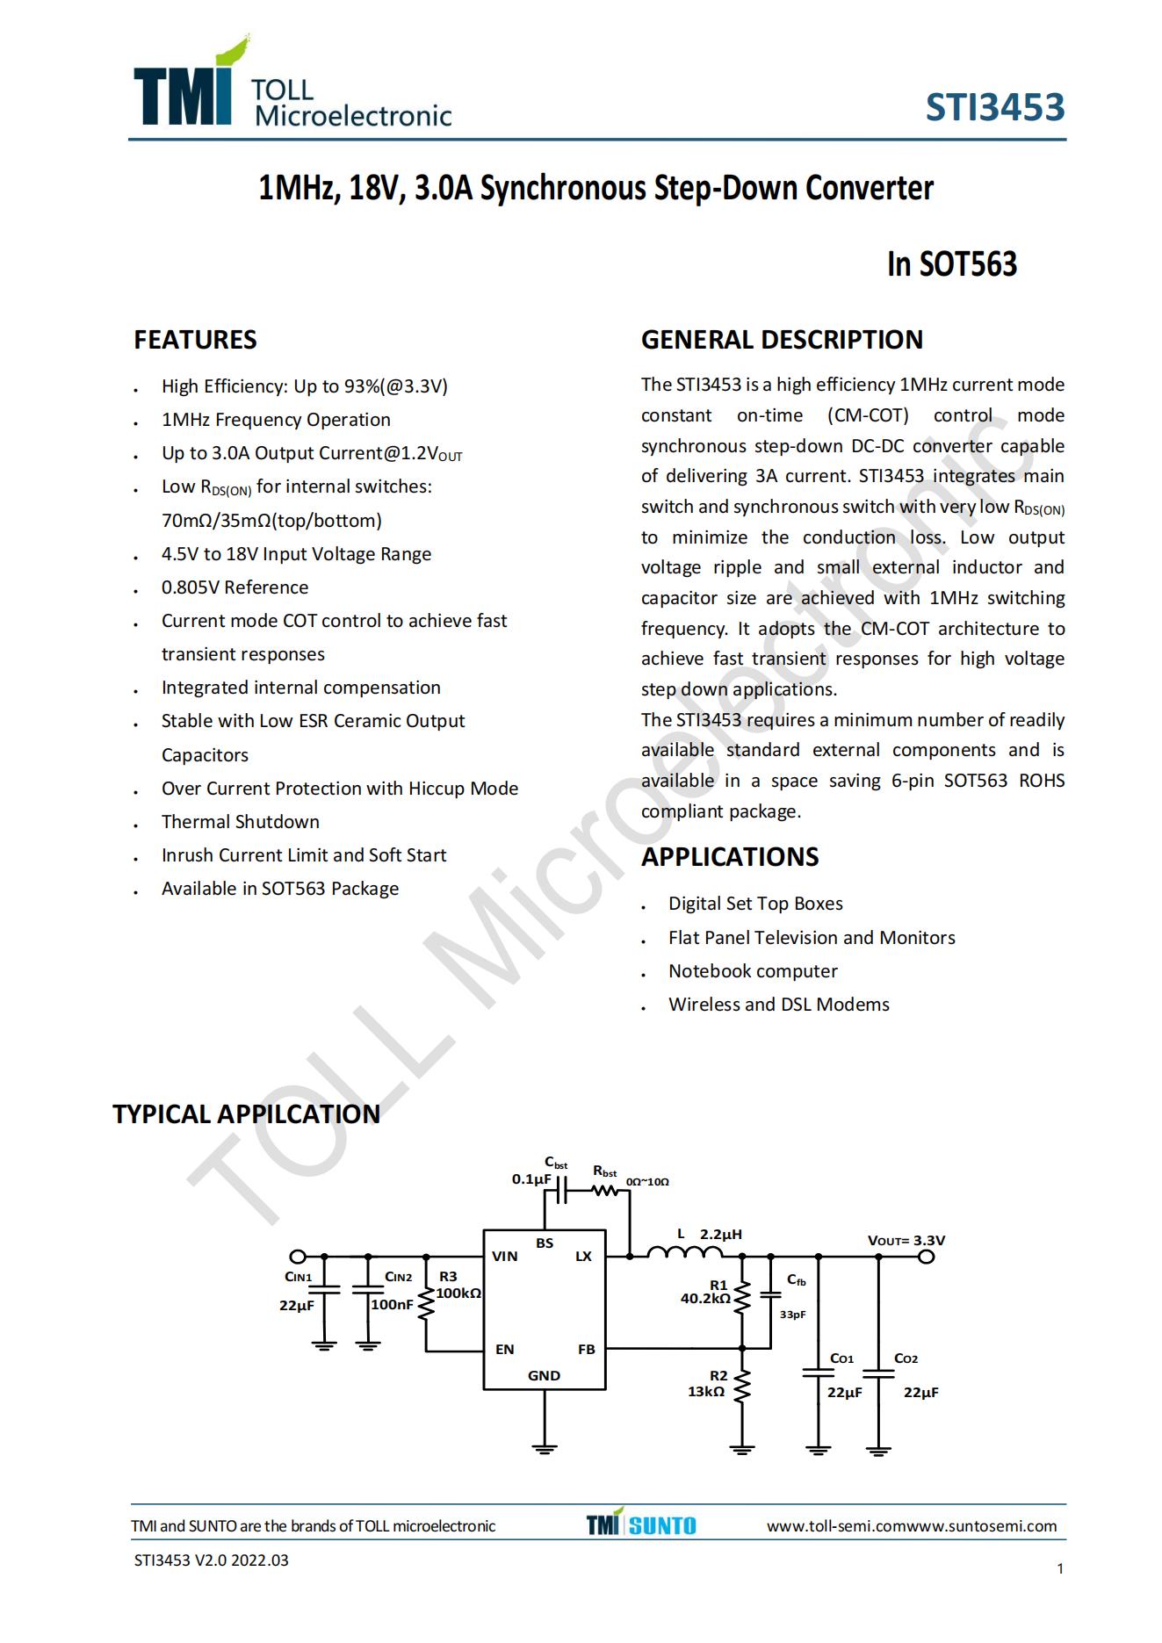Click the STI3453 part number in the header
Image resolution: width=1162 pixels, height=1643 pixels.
pos(994,107)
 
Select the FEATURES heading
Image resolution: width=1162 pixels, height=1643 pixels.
pos(195,340)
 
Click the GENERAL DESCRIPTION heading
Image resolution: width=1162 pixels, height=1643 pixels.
pos(782,340)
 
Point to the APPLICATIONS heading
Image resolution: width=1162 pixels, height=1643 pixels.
pos(729,857)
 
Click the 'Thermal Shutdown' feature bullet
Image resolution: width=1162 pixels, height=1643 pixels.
pos(240,822)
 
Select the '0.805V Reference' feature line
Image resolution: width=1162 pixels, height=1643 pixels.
pos(235,587)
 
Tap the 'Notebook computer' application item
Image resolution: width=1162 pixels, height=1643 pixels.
pos(753,971)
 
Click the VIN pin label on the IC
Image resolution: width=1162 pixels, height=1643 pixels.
pos(504,1257)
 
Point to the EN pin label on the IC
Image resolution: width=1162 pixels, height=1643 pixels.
pos(504,1350)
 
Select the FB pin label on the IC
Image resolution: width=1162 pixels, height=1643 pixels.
pos(586,1350)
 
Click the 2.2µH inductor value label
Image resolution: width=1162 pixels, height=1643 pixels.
pos(720,1235)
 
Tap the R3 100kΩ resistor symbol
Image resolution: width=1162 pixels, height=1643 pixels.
pos(427,1305)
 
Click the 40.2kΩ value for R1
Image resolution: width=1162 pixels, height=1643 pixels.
pos(705,1299)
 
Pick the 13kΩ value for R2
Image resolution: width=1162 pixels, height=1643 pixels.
pos(706,1392)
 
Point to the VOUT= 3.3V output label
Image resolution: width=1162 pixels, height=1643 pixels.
pos(906,1241)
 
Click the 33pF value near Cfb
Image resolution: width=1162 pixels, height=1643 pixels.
pos(792,1315)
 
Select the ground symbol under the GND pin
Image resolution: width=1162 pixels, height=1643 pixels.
pos(545,1448)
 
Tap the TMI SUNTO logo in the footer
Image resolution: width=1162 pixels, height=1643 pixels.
pos(641,1525)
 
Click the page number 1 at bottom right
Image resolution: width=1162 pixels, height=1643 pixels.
pos(1060,1569)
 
